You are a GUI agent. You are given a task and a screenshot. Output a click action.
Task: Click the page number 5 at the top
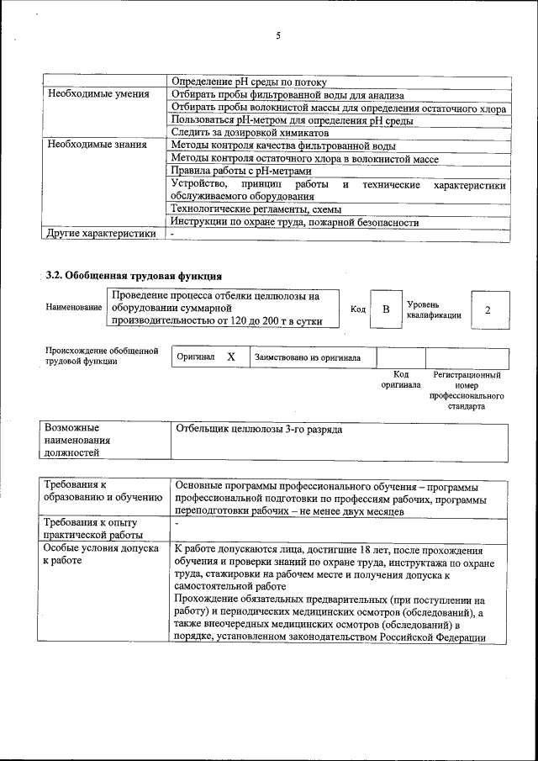pyautogui.click(x=277, y=35)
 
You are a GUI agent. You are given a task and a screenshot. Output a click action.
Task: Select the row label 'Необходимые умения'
pyautogui.click(x=98, y=95)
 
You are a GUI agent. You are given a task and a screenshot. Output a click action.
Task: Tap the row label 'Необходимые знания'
pyautogui.click(x=98, y=145)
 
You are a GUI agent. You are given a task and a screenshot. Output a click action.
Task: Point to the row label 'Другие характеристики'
pyautogui.click(x=102, y=234)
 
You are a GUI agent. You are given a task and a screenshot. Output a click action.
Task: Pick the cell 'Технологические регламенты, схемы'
pyautogui.click(x=251, y=209)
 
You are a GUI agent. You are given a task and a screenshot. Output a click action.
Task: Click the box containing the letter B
pyautogui.click(x=386, y=309)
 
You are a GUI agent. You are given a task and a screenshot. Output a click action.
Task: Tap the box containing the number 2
pyautogui.click(x=488, y=309)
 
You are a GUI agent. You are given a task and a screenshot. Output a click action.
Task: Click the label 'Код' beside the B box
pyautogui.click(x=357, y=310)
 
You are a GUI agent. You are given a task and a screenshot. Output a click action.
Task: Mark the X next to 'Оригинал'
pyautogui.click(x=231, y=357)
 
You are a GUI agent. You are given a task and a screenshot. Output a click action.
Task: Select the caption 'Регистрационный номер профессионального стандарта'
pyautogui.click(x=467, y=389)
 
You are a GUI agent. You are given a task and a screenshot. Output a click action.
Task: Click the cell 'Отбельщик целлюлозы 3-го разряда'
pyautogui.click(x=258, y=430)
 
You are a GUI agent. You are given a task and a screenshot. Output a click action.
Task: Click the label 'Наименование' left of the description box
pyautogui.click(x=74, y=309)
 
